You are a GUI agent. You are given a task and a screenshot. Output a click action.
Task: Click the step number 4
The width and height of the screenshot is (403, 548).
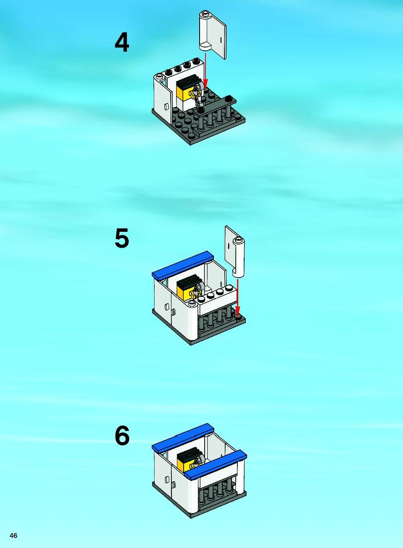(121, 43)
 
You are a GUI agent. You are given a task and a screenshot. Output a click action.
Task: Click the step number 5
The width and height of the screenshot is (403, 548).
(121, 239)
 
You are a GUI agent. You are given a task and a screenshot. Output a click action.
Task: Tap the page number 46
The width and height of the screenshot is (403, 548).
(13, 535)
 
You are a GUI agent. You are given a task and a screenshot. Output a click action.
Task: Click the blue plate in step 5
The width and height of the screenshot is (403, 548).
(183, 265)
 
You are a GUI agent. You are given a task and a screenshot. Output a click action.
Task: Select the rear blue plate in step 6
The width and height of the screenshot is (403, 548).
(183, 437)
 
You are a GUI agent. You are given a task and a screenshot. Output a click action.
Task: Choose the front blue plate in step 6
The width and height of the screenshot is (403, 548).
(216, 465)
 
